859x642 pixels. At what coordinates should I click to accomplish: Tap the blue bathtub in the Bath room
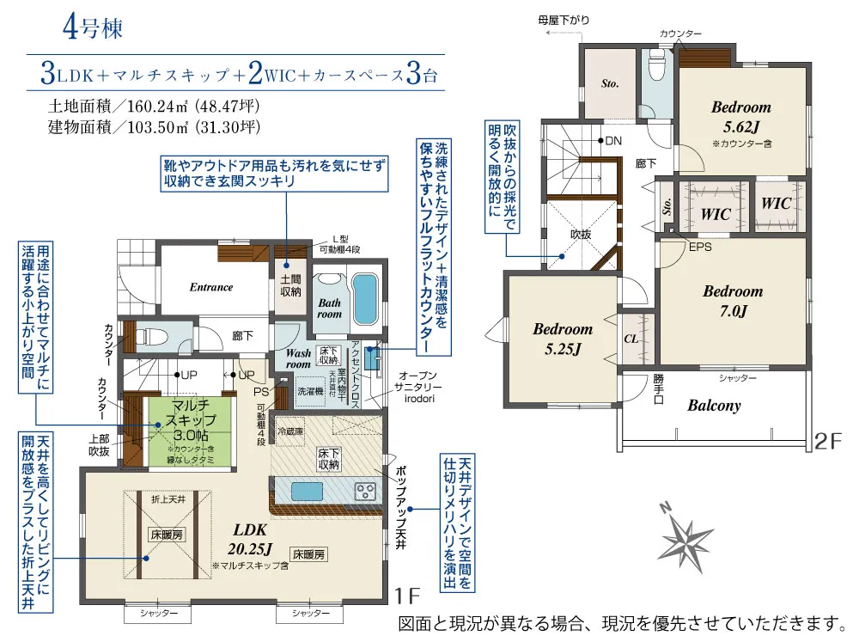(365, 297)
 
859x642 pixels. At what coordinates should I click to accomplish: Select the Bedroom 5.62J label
(740, 115)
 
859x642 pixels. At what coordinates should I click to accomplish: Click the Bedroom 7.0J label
(733, 301)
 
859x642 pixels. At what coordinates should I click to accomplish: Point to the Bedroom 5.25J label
(563, 338)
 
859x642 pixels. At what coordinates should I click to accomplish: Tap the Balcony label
(713, 406)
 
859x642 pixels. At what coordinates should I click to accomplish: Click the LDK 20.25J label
(250, 538)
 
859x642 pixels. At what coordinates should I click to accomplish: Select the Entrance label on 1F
(211, 287)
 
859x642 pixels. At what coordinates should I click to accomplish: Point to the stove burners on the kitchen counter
(365, 492)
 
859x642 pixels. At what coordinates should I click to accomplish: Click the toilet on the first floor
(151, 334)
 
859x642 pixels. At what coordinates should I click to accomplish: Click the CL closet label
(631, 339)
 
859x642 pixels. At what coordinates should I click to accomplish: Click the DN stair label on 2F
(613, 140)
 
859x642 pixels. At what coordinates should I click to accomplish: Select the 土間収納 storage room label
(290, 286)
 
